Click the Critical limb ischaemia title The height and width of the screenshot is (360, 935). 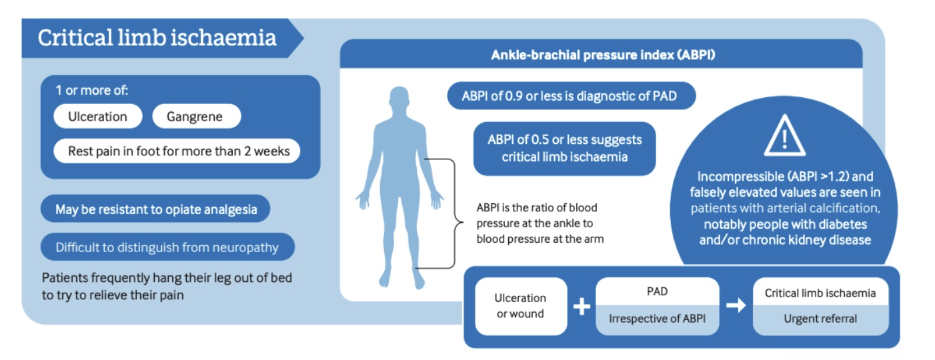157,37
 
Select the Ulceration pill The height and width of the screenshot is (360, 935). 97,117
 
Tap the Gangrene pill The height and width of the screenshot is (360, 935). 196,117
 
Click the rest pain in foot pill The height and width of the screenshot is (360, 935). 179,151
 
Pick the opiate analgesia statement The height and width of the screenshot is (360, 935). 155,209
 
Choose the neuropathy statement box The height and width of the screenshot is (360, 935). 167,247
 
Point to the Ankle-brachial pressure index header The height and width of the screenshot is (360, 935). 602,55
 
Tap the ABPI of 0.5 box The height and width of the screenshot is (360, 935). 564,148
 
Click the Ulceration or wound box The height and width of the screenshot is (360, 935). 520,305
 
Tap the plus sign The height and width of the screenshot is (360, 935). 582,307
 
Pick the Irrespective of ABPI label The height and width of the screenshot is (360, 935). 657,319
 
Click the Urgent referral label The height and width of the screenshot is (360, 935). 820,319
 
